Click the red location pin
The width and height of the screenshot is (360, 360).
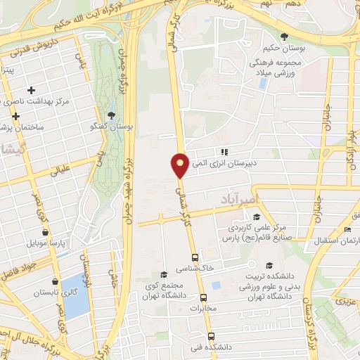180,165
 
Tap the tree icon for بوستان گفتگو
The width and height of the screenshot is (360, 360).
112,116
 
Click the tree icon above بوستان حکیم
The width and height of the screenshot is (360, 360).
284,37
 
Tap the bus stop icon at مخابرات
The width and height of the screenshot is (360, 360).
204,297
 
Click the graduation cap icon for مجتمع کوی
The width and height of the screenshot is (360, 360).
164,274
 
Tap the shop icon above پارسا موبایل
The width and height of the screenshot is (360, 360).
46,231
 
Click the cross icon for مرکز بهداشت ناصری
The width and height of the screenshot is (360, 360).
31,91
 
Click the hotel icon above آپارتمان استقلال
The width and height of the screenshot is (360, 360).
348,230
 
